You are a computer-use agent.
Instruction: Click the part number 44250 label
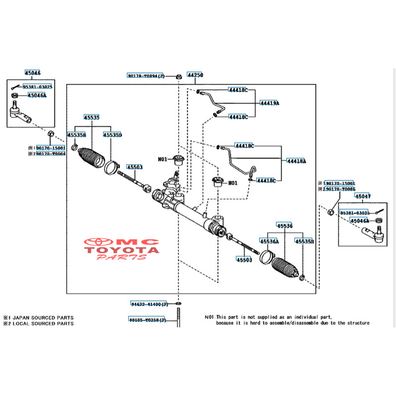click(195, 75)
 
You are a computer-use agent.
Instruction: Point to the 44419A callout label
click(270, 103)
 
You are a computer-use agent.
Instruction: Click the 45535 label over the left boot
click(92, 117)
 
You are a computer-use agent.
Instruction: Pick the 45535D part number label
click(113, 135)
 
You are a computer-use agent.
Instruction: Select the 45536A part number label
click(269, 241)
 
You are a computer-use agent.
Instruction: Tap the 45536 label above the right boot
click(284, 226)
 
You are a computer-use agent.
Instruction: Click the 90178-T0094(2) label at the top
click(146, 76)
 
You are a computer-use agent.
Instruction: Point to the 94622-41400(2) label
click(149, 304)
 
